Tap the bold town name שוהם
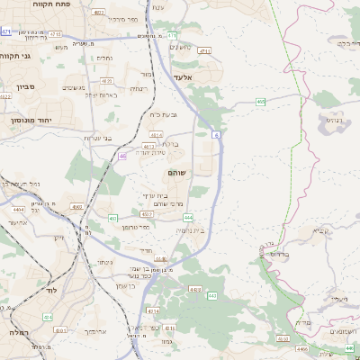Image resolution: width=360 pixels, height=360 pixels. point(175,171)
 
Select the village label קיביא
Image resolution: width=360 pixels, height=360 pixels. point(320,231)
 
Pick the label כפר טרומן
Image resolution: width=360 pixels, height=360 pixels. point(135,228)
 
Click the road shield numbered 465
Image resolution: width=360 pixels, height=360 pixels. point(260,102)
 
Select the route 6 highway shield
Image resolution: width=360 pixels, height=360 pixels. point(216,134)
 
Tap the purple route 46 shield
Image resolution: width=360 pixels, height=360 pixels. point(121,156)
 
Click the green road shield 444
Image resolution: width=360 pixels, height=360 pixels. point(188,218)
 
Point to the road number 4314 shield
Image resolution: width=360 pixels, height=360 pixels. point(170,330)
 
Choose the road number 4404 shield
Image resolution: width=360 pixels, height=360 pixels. point(19,209)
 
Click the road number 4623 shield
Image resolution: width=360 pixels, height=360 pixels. point(146,214)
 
